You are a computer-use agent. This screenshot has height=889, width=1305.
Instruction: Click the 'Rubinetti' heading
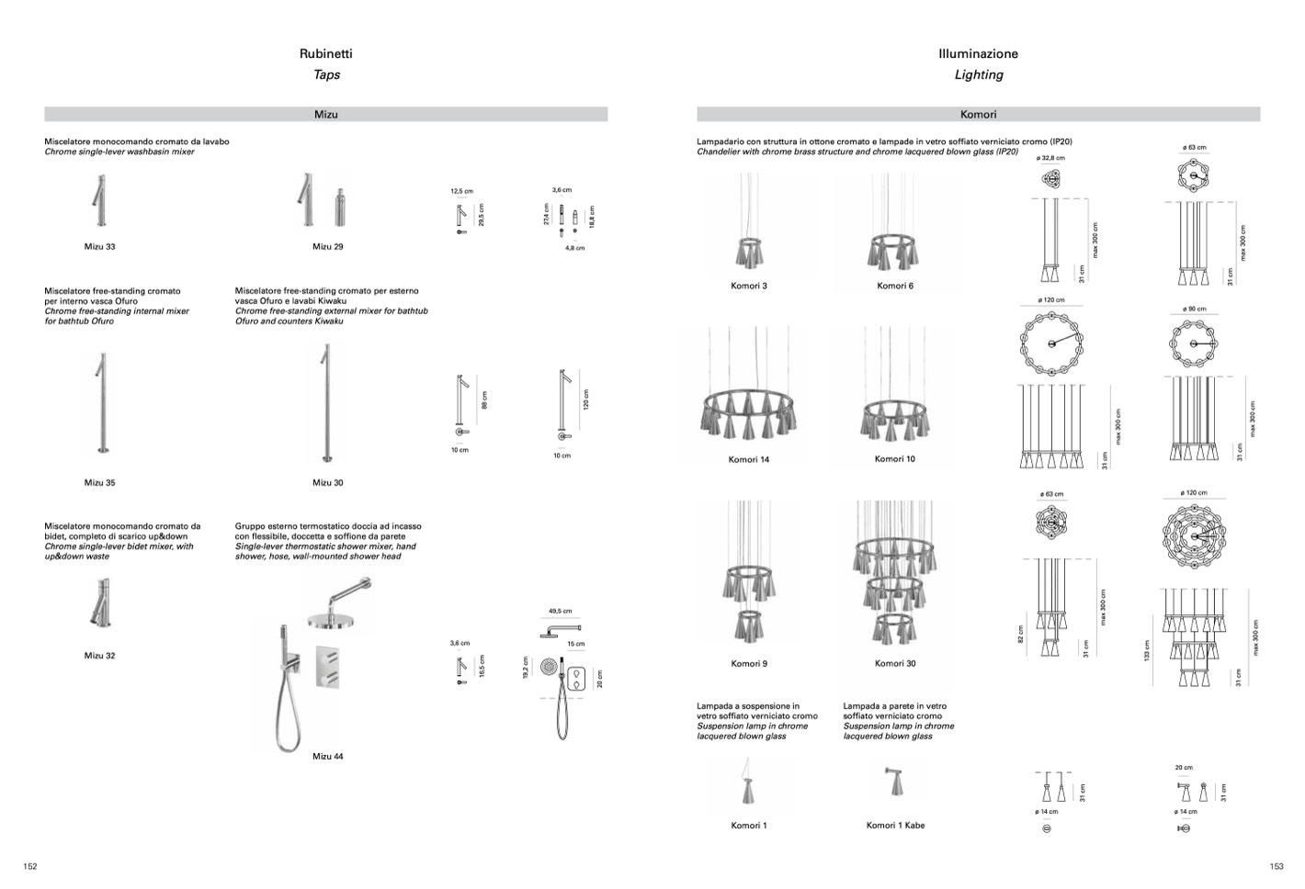tap(325, 54)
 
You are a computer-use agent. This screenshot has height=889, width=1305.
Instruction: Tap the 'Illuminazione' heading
tap(978, 54)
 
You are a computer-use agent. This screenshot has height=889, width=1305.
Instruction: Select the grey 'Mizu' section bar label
tap(325, 115)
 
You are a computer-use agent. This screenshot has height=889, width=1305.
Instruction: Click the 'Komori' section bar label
tap(978, 115)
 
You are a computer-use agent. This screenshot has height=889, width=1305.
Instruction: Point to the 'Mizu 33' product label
tap(99, 247)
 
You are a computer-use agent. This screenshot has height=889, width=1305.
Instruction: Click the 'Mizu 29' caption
tap(327, 247)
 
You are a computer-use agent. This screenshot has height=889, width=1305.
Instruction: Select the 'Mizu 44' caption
tap(327, 757)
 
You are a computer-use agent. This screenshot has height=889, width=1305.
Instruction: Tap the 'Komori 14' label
tap(748, 459)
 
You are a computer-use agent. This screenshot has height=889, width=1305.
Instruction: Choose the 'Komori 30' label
tap(894, 663)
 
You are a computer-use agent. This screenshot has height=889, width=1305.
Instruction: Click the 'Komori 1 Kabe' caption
tap(895, 826)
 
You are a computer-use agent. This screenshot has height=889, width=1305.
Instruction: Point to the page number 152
tap(30, 866)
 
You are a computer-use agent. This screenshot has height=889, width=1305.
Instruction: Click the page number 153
tap(1276, 866)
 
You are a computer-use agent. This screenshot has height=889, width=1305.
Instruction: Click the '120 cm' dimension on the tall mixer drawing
tap(585, 399)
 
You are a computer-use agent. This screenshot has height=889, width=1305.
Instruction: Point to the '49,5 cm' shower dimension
tap(560, 611)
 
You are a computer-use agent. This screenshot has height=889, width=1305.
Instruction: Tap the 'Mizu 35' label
tap(99, 483)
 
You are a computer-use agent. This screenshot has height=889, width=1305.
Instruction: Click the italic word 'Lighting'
tap(978, 75)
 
